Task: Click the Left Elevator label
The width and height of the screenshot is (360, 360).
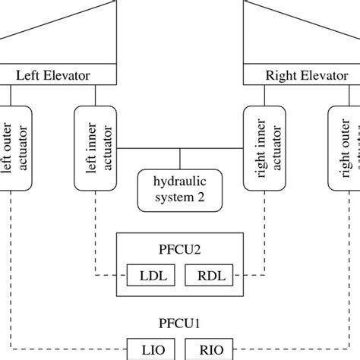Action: point(53,75)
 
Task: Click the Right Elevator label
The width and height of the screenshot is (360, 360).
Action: point(306,75)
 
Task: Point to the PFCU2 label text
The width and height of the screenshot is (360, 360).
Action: point(179,246)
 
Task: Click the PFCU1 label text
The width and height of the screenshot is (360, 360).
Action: point(179,323)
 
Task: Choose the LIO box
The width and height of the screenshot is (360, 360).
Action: point(148,349)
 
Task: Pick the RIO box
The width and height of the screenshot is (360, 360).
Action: point(210,349)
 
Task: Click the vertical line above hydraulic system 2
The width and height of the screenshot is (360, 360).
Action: point(179,159)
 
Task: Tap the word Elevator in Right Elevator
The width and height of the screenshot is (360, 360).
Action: point(323,75)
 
